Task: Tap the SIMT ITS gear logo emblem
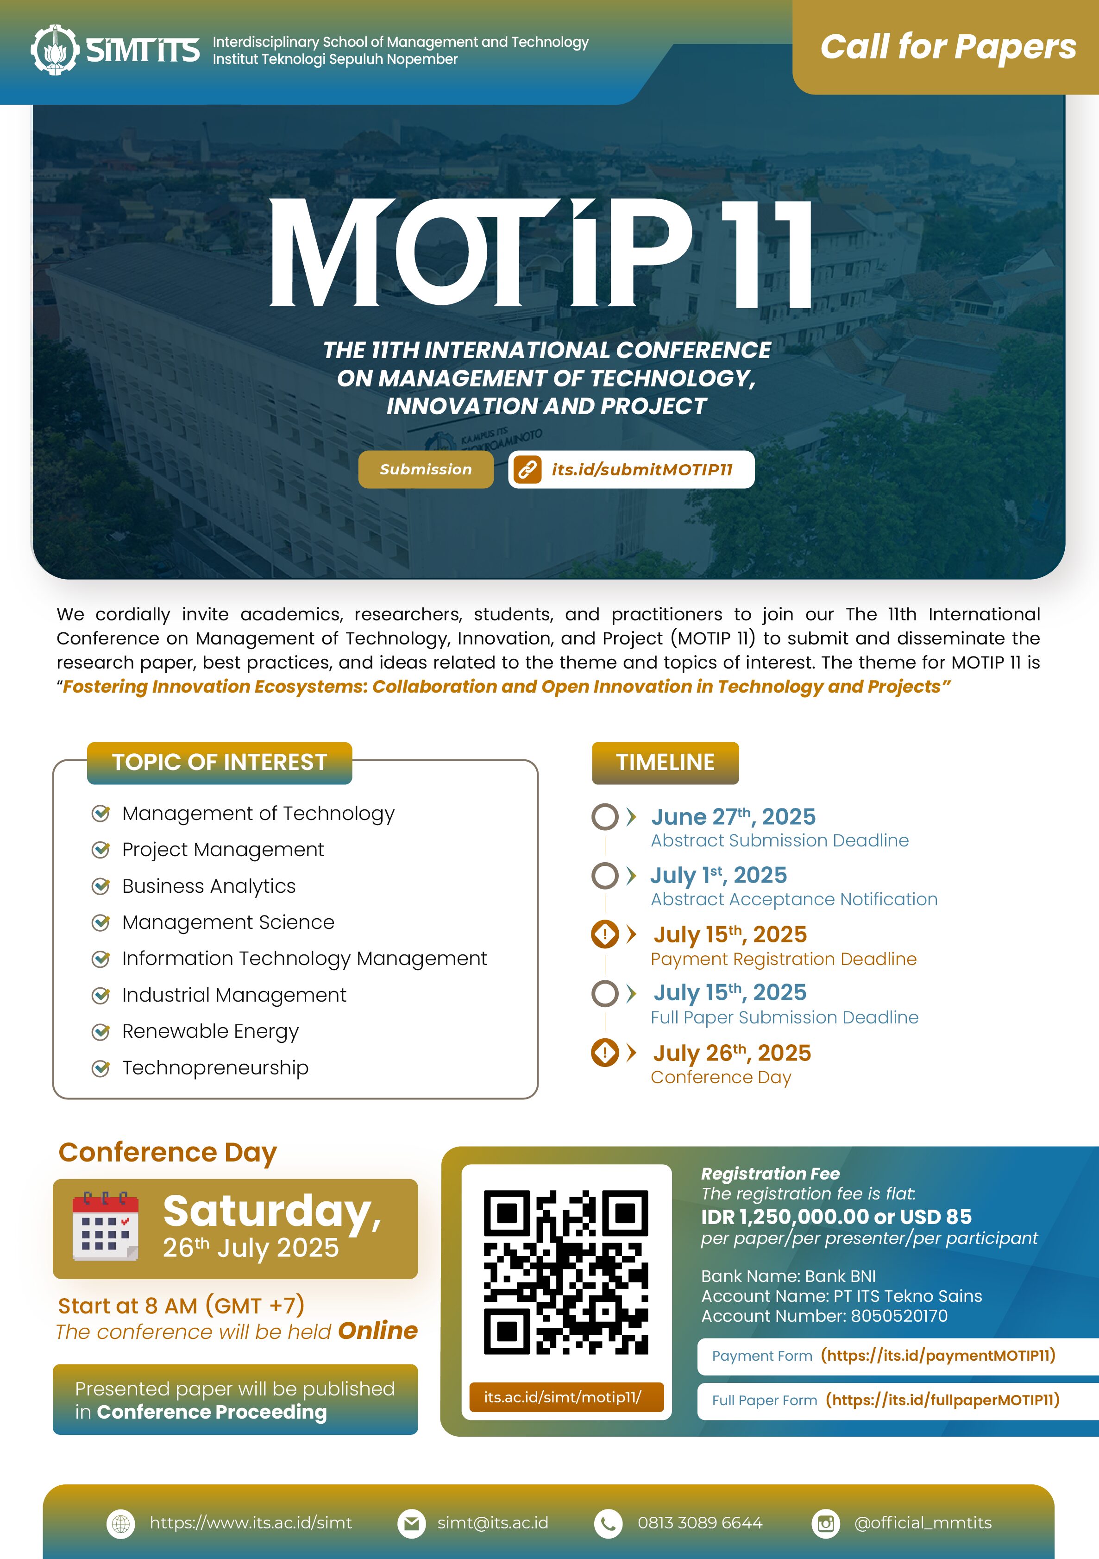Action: click(54, 50)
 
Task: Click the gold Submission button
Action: click(426, 469)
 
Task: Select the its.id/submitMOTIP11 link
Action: click(641, 469)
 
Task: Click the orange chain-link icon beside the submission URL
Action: click(528, 469)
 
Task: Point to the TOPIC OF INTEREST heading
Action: click(219, 763)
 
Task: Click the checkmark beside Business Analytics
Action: click(101, 886)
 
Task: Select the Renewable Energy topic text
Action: click(210, 1031)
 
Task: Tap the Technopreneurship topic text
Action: click(215, 1067)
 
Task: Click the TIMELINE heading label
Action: click(665, 763)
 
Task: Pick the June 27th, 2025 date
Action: click(733, 816)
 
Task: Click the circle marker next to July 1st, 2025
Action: click(605, 875)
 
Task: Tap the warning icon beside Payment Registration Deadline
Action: click(605, 934)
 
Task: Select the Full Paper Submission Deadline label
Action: click(784, 1017)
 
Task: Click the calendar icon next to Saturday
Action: click(105, 1226)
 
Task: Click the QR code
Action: click(565, 1272)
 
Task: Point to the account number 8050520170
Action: click(899, 1316)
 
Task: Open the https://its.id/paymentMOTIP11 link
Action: click(938, 1355)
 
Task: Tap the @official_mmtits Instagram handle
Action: click(923, 1523)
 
